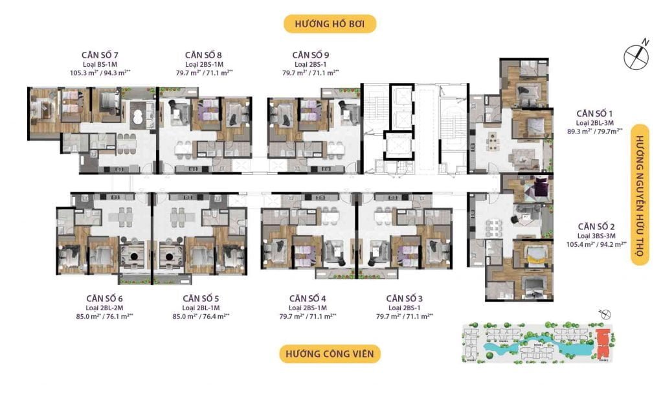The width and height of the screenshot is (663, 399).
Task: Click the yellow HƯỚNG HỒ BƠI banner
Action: [330, 25]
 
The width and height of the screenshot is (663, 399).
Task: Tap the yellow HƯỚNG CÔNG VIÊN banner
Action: [330, 354]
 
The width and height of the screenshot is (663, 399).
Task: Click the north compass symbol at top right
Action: [636, 56]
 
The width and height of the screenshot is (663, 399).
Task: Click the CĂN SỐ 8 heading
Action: [204, 55]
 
